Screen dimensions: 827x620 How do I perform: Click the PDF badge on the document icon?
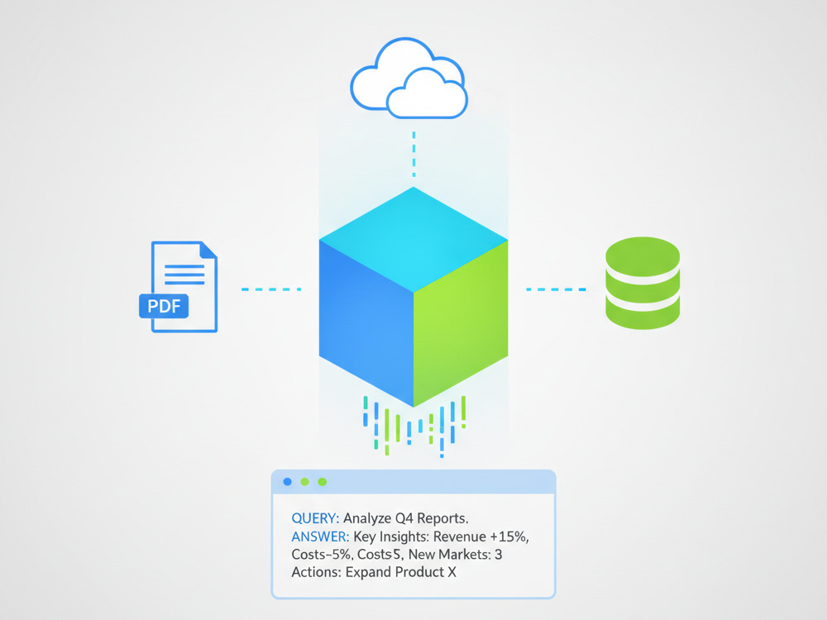click(164, 306)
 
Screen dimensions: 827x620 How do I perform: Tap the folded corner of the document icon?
click(209, 250)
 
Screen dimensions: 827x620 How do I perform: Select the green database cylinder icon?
click(643, 283)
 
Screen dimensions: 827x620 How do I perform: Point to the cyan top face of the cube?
click(413, 240)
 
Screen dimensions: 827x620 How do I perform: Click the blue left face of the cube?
click(366, 322)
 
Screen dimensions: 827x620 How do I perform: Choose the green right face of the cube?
click(461, 322)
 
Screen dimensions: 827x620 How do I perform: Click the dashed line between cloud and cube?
click(414, 154)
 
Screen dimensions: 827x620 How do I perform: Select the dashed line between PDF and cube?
click(271, 289)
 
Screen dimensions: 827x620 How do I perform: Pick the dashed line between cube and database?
click(556, 289)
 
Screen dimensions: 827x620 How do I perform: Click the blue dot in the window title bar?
click(288, 481)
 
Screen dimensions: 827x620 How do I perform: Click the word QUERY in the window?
click(315, 518)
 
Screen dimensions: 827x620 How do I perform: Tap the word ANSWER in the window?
click(320, 537)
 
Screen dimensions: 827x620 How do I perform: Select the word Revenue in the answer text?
click(460, 537)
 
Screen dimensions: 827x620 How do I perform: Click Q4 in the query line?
click(404, 519)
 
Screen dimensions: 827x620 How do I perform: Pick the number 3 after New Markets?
click(499, 555)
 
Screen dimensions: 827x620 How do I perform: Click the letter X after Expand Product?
click(452, 572)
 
